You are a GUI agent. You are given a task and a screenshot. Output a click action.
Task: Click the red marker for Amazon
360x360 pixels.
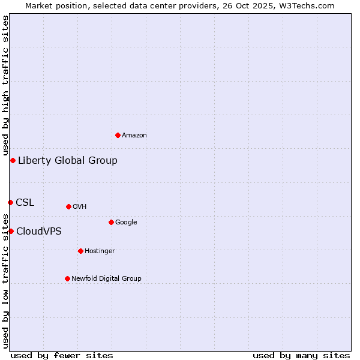click(118, 135)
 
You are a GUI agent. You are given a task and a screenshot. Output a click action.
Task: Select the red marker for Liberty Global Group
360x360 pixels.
click(13, 160)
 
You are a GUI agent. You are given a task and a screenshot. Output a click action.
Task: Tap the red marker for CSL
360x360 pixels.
click(10, 202)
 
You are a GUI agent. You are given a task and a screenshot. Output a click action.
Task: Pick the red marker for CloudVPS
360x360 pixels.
click(11, 231)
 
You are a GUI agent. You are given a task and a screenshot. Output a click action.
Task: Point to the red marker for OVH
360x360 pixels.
click(68, 206)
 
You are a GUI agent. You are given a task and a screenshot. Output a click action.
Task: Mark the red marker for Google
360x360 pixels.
click(111, 222)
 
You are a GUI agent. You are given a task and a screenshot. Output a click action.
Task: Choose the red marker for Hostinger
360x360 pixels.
click(80, 251)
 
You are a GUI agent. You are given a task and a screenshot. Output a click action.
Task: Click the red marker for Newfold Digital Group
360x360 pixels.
click(67, 278)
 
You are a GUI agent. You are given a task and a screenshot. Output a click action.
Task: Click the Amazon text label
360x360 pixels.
click(134, 136)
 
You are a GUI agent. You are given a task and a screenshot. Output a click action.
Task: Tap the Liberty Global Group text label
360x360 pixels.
click(68, 160)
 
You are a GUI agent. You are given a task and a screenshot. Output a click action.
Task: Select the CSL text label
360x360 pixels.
click(25, 202)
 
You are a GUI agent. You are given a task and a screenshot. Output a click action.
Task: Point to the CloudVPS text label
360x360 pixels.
click(39, 231)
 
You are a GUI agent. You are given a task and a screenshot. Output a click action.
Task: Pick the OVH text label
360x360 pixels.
click(80, 207)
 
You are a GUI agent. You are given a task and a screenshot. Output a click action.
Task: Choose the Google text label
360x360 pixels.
click(126, 223)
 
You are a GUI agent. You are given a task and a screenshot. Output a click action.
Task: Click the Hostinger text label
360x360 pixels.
click(100, 251)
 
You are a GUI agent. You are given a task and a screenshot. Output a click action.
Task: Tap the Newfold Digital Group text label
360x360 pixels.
click(106, 278)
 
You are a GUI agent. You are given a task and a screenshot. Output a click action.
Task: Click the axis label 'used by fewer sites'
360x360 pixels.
click(62, 355)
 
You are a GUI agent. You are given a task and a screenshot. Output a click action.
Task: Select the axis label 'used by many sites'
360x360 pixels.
click(301, 355)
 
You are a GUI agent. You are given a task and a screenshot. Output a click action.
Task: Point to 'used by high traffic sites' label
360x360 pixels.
click(5, 85)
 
